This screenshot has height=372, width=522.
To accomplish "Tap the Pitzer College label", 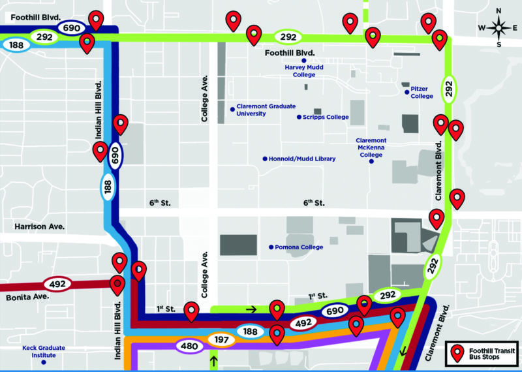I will [x=422, y=93].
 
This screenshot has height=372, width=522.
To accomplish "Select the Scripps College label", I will [x=326, y=117].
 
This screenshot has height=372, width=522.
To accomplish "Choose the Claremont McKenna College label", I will [x=371, y=147].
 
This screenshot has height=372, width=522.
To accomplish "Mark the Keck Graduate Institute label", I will [x=44, y=351].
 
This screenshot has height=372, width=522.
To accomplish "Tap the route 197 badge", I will [x=222, y=340].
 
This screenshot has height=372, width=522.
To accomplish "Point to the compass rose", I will [x=500, y=28].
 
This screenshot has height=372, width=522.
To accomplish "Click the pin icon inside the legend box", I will [x=458, y=354].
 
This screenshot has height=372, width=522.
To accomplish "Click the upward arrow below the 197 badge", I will [x=213, y=360].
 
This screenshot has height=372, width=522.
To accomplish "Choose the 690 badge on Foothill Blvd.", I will [x=72, y=27].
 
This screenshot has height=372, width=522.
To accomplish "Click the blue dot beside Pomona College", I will [x=271, y=247].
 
